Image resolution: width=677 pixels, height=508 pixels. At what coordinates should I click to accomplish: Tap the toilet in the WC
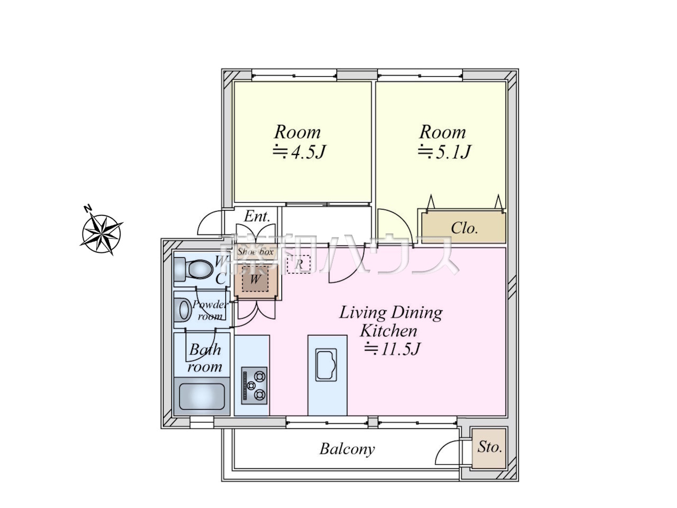point(194,269)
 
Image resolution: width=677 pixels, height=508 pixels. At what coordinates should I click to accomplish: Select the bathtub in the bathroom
point(202,396)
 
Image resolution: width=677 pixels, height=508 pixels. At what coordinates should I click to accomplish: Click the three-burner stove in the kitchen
point(254,386)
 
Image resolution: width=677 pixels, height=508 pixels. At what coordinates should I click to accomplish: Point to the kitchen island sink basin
point(326,365)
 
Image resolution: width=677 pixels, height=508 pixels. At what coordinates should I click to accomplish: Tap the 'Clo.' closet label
point(464,228)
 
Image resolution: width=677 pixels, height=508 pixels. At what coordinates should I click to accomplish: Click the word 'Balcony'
point(347,449)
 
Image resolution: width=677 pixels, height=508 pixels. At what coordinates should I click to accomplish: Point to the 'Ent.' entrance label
point(257,216)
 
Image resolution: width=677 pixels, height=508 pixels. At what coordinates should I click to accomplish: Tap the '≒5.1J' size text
point(444,152)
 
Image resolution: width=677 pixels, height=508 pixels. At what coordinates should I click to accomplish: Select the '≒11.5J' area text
point(392,349)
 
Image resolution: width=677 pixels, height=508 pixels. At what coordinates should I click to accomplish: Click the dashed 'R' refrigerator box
point(298,264)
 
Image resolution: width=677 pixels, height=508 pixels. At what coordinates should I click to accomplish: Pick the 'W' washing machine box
point(255,279)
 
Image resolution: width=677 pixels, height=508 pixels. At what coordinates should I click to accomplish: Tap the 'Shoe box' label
point(255,252)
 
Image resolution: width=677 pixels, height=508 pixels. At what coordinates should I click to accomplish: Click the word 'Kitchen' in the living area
point(389,331)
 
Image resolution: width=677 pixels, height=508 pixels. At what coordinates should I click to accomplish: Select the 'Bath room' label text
point(205,358)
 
